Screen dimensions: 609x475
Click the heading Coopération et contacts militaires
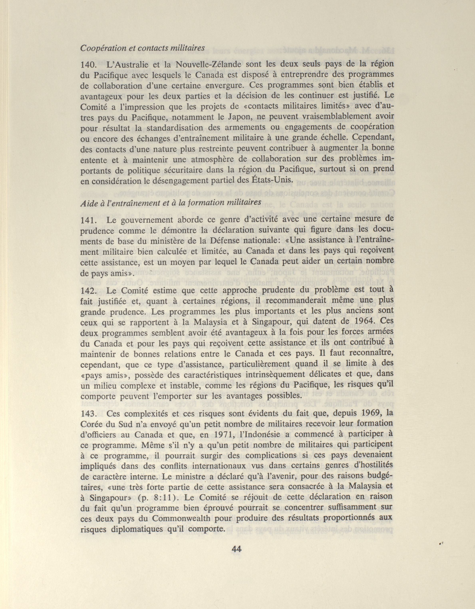pos(142,48)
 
